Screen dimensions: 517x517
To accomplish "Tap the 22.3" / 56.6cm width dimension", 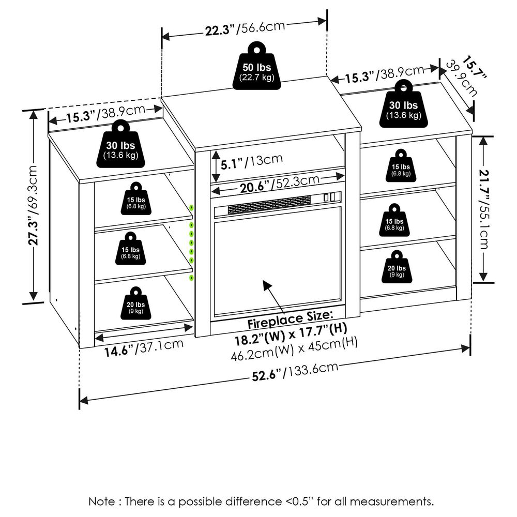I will [244, 28].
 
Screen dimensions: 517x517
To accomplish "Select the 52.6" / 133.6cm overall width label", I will [295, 372].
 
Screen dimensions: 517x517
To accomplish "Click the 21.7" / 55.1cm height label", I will [484, 209].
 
